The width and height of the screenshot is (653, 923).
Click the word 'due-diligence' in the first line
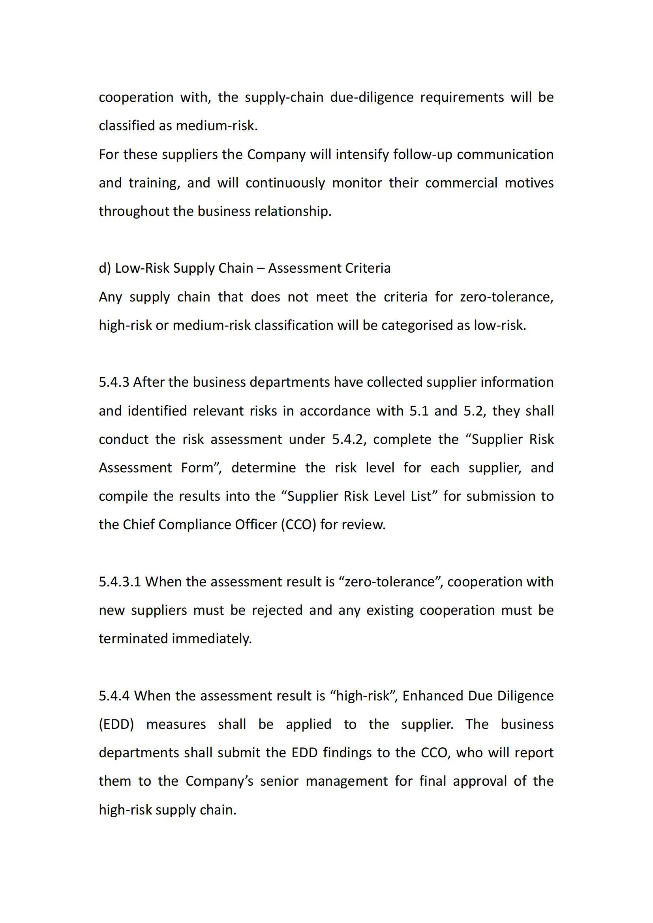pos(372,97)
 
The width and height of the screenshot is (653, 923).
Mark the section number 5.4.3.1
pos(120,582)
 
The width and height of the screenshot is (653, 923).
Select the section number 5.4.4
pos(114,696)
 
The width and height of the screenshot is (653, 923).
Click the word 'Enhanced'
pos(433,696)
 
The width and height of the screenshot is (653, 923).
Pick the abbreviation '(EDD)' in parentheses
pos(116,725)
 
